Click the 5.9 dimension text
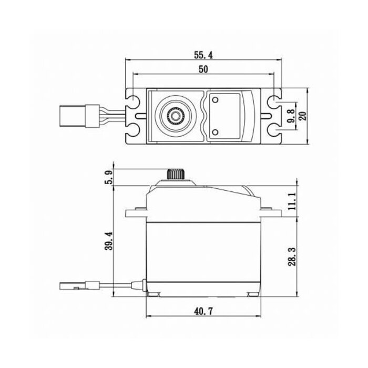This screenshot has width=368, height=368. tap(109, 177)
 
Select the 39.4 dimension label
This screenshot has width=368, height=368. tap(109, 241)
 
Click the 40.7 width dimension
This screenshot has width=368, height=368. tap(202, 311)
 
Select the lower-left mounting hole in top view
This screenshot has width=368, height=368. tap(134, 129)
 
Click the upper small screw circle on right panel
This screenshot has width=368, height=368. tap(215, 99)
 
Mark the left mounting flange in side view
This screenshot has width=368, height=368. tap(134, 213)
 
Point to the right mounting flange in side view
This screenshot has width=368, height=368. tap(272, 213)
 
